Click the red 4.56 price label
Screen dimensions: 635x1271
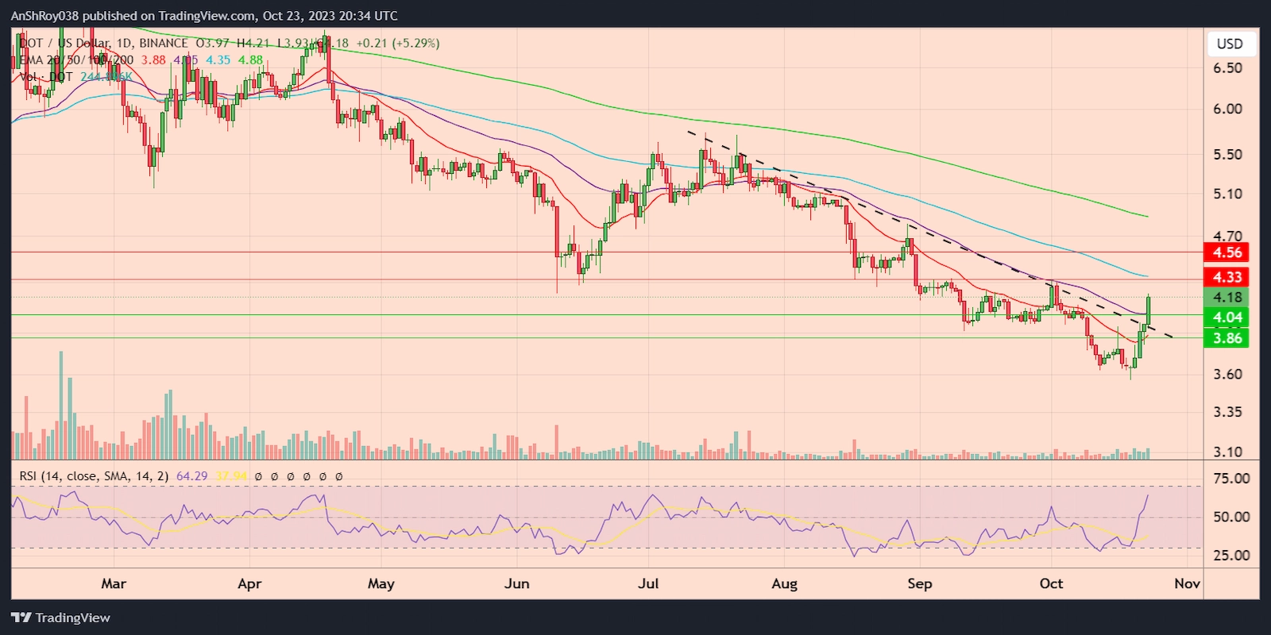[x=1227, y=252]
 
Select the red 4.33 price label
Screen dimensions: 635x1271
[x=1227, y=277]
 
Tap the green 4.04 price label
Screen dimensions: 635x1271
[x=1227, y=317]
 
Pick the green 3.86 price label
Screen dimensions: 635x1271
[x=1227, y=338]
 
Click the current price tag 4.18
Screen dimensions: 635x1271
[x=1227, y=298]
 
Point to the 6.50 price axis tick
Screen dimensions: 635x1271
[x=1227, y=68]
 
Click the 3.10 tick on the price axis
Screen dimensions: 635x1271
[x=1227, y=452]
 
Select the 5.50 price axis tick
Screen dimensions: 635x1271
[x=1227, y=155]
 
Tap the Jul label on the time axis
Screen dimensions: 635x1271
[x=648, y=583]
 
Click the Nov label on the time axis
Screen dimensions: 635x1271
[x=1187, y=583]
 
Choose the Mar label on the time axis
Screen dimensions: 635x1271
[x=114, y=583]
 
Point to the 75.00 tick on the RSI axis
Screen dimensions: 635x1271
[x=1231, y=479]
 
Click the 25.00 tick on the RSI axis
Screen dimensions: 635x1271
[x=1231, y=556]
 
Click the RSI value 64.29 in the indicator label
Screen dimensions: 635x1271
[x=191, y=476]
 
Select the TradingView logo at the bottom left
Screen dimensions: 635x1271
[x=61, y=618]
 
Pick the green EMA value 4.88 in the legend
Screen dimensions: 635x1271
[x=250, y=60]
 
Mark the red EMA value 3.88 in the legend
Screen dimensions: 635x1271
[x=153, y=60]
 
